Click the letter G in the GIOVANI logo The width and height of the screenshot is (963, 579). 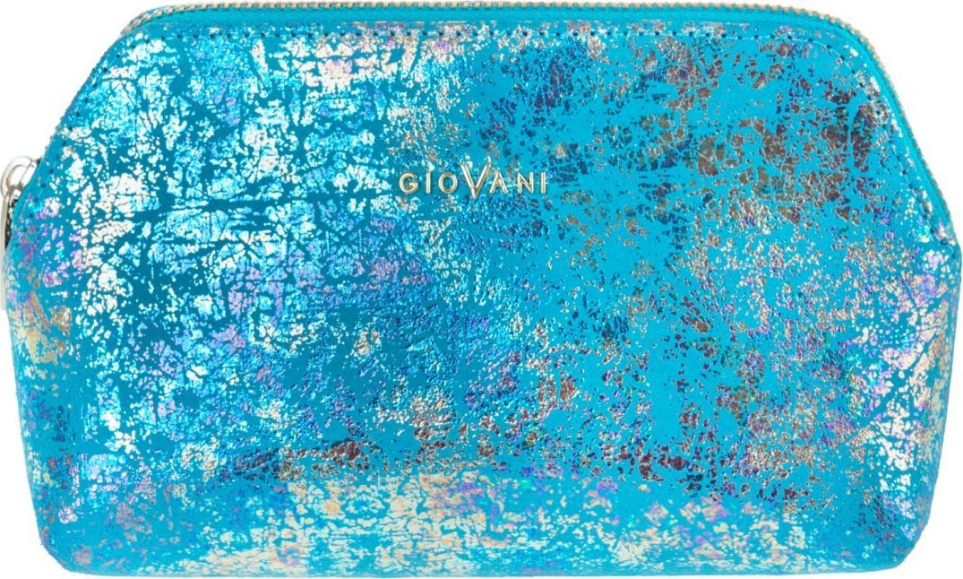point(408,182)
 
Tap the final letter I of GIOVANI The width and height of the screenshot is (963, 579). point(541,182)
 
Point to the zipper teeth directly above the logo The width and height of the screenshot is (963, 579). point(473,8)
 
